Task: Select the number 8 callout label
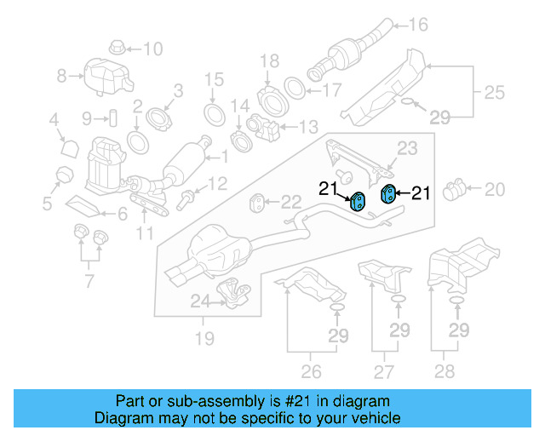(60, 77)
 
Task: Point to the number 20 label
(495, 188)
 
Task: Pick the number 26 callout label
(311, 370)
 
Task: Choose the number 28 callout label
(444, 370)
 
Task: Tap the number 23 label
(408, 148)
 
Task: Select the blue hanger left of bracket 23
(359, 202)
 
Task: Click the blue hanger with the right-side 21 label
(387, 193)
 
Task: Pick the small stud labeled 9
(111, 117)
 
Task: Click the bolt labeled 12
(186, 200)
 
